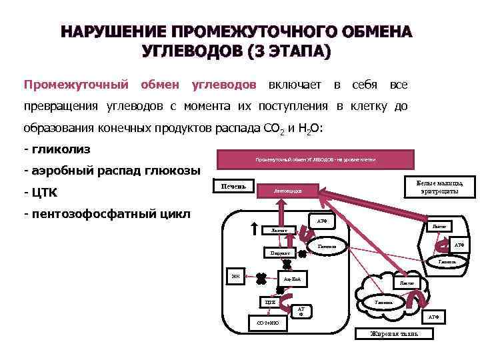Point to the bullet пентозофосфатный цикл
point(107,214)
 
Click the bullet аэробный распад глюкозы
point(111,170)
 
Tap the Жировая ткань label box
point(389,333)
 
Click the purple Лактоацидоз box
point(288,191)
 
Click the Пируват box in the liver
point(275,253)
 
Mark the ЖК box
point(235,275)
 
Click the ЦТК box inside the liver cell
point(270,303)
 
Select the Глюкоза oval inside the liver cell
point(327,248)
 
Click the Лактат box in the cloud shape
point(406,283)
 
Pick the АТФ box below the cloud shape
point(433,317)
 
